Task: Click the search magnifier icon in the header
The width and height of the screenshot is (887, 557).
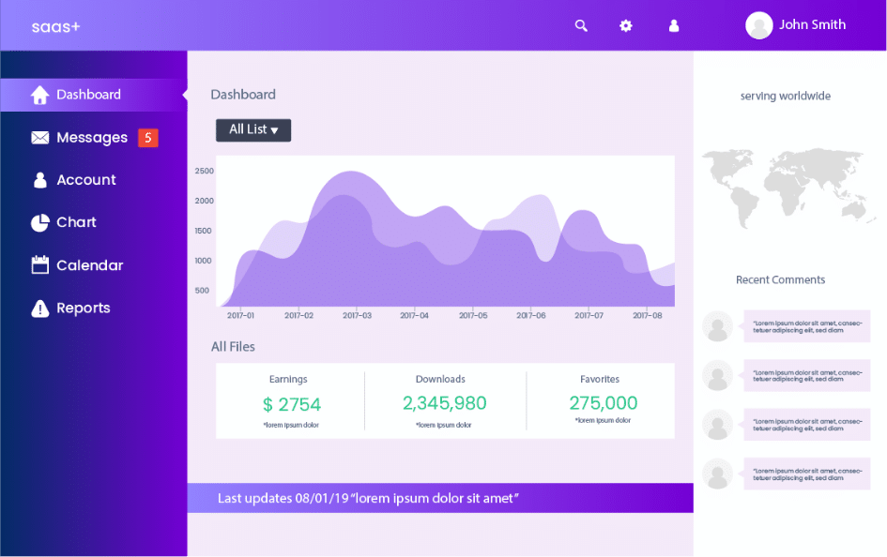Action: click(581, 26)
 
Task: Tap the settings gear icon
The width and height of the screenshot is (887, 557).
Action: click(626, 26)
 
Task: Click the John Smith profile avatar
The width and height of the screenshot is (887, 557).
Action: click(758, 25)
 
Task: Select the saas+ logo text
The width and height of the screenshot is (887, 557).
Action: click(56, 26)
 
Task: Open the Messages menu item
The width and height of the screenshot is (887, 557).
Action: click(91, 138)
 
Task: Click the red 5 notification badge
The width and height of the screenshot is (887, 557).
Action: click(147, 138)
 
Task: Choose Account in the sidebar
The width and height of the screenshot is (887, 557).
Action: click(85, 180)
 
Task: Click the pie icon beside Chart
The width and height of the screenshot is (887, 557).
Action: click(39, 223)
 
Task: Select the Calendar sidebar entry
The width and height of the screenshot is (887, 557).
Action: click(89, 265)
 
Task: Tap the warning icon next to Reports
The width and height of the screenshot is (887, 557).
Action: click(39, 309)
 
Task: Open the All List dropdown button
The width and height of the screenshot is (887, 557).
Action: click(253, 130)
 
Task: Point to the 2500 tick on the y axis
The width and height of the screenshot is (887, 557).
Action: click(204, 171)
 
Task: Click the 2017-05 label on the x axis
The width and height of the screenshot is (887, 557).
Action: click(473, 316)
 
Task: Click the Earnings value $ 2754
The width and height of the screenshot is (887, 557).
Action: click(292, 404)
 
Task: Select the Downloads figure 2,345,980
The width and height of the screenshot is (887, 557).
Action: click(444, 403)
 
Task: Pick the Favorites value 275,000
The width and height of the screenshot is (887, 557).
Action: click(603, 403)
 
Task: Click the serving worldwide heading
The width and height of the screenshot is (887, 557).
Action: click(785, 96)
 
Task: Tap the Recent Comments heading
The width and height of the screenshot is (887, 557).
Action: click(780, 279)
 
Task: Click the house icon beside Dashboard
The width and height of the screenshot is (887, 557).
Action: click(39, 95)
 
